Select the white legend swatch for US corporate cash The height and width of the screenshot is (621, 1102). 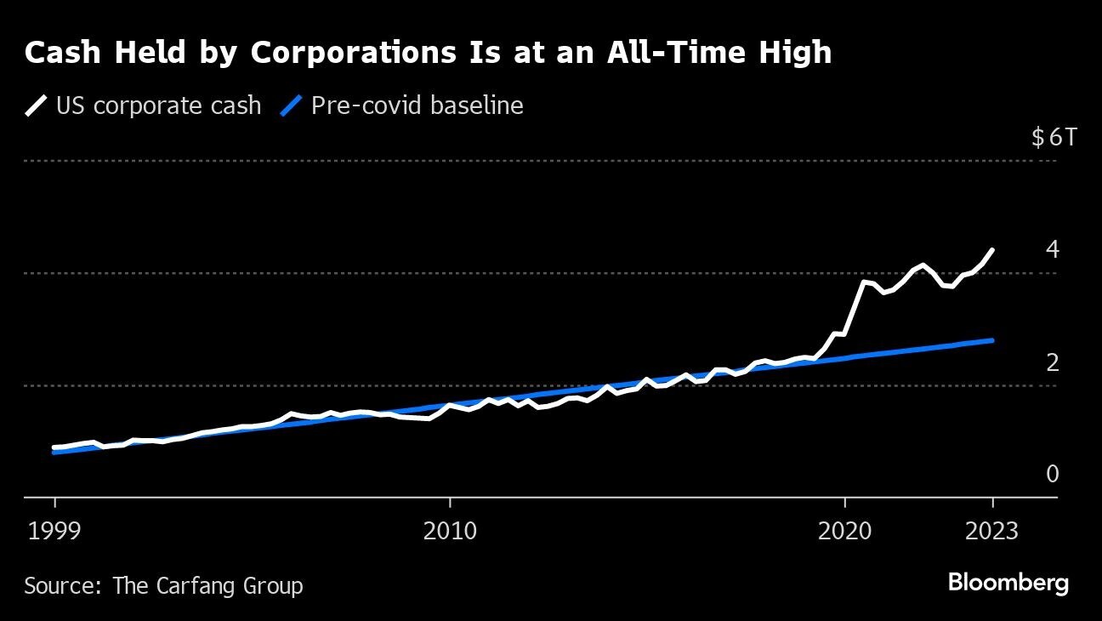pos(37,106)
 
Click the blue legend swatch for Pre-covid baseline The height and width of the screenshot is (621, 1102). pos(292,106)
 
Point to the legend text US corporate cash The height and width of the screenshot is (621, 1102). pos(158,106)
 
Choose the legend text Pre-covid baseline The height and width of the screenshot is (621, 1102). pos(417,106)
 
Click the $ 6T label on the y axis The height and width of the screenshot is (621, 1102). pos(1053,137)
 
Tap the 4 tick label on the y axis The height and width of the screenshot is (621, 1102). pos(1053,250)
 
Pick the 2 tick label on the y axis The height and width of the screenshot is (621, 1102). pos(1053,362)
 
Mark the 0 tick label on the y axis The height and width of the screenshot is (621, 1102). pos(1053,475)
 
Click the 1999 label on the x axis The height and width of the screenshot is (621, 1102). pos(55,531)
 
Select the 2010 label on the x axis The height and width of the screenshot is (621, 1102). pos(450,531)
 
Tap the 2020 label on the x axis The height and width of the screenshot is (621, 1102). pos(845,531)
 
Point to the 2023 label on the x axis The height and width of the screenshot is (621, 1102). pos(991,531)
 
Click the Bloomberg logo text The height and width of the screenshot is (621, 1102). pos(1008,584)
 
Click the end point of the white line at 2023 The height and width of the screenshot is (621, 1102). pos(992,250)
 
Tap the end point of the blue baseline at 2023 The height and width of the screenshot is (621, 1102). pos(992,340)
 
